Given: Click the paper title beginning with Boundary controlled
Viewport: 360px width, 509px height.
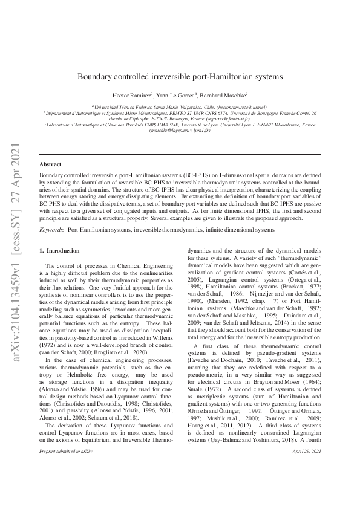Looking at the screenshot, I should click(x=180, y=77).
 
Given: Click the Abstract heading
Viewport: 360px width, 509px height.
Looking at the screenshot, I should click(x=50, y=164).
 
